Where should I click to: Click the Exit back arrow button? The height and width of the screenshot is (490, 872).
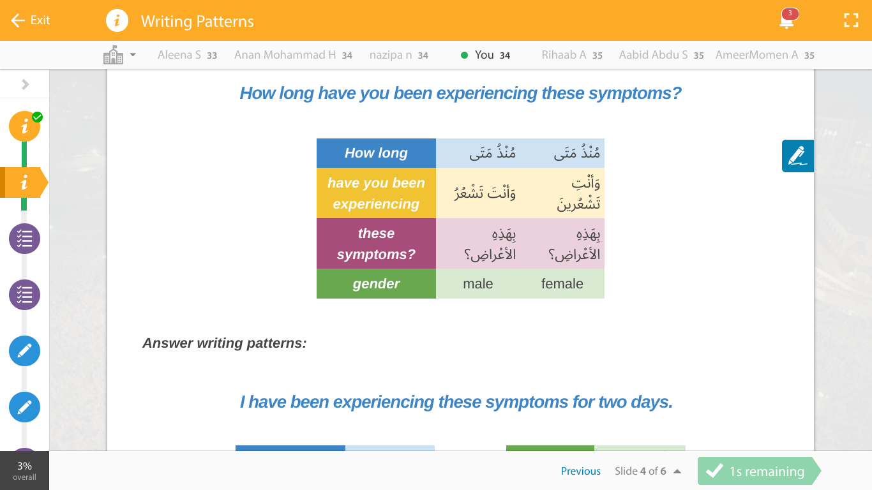coord(31,20)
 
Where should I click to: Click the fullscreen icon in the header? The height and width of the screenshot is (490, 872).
coord(851,20)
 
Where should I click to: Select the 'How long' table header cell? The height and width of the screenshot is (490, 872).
coord(376,153)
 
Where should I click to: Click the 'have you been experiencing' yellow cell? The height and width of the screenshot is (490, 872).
coord(376,193)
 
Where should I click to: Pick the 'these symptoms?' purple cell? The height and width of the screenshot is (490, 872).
coord(376,244)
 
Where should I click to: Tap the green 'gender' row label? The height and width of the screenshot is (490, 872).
coord(376,284)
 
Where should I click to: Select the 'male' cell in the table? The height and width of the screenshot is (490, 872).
coord(477,284)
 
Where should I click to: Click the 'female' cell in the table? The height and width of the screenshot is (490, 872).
coord(562,284)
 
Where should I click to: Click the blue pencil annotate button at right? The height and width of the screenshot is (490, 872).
coord(798,156)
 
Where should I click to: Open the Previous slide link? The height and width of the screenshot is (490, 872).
coord(580,471)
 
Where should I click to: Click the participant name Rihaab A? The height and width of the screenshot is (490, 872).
coord(564,55)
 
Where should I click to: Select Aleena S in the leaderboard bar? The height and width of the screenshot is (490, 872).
coord(179,55)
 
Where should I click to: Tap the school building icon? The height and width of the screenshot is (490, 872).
coord(113,54)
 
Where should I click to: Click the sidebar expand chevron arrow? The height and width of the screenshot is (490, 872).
coord(26,84)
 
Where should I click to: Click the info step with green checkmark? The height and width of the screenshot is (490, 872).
coord(24,126)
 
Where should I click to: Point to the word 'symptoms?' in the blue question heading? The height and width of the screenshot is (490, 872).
coord(635,93)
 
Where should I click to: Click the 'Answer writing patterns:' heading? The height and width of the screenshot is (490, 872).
coord(224,343)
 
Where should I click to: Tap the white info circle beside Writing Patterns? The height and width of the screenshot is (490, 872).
coord(117,20)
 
